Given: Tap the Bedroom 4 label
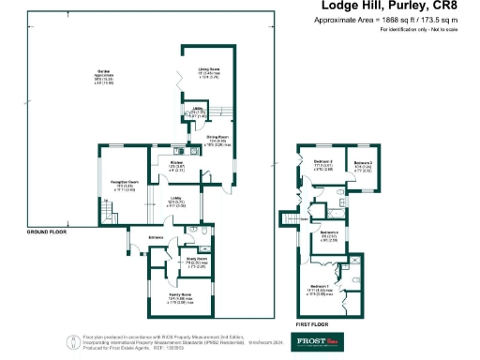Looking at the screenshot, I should (x=328, y=235).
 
